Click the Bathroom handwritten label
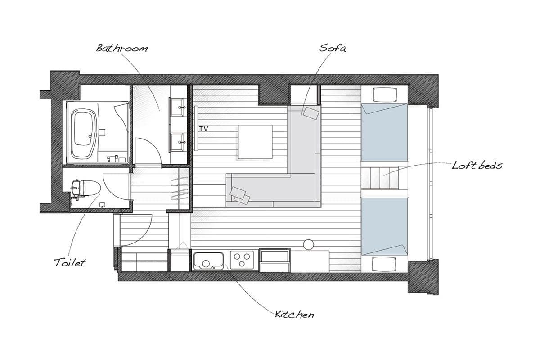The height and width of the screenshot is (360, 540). [122, 48]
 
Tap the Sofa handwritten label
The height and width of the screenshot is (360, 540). [333, 48]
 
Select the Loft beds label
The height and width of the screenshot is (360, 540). [477, 166]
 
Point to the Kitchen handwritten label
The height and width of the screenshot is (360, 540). [295, 315]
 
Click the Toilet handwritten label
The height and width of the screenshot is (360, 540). [70, 262]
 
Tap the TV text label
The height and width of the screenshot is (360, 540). [203, 129]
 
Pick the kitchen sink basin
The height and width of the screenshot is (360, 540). [209, 261]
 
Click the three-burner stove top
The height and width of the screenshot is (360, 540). [242, 260]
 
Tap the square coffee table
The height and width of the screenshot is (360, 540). [255, 142]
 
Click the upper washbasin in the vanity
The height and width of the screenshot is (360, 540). [178, 107]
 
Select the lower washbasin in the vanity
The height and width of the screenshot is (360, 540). [178, 142]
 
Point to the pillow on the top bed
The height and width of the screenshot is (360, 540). [385, 94]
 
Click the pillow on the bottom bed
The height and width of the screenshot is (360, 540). [384, 264]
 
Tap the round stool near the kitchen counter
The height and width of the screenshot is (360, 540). [308, 244]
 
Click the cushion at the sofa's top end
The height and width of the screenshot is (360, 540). [311, 113]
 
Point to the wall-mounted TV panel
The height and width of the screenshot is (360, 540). [196, 129]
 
